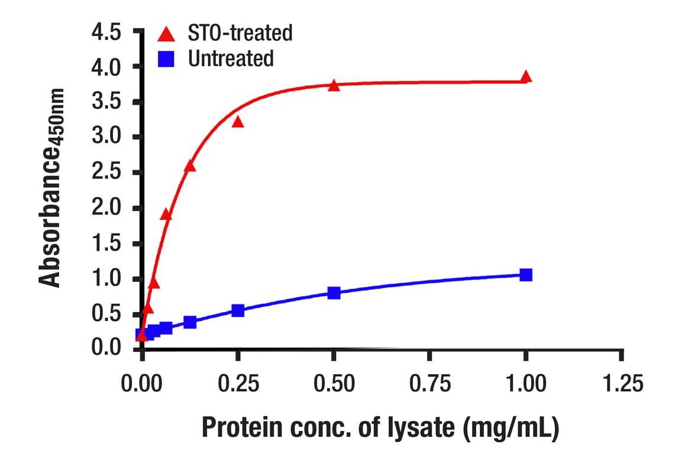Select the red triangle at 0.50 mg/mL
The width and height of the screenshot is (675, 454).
point(334,86)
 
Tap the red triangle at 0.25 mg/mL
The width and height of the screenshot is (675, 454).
point(238,122)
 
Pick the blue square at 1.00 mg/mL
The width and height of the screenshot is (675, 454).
point(525,275)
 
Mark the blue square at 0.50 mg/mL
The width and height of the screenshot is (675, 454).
point(334,293)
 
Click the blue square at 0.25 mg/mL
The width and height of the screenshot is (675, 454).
point(238,310)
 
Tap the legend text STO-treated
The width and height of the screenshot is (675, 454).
point(240,33)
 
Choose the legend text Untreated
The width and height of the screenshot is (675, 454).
point(231,59)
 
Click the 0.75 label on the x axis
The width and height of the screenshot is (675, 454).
point(429,384)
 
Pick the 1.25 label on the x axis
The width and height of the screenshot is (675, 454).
point(621,384)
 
